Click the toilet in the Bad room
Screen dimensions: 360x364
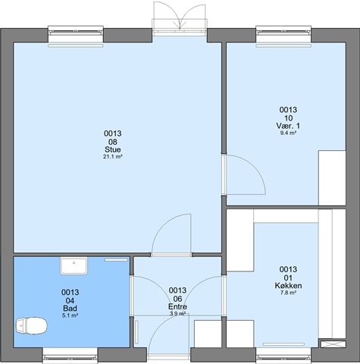click(x=31, y=325)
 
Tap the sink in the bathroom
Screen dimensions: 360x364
click(x=74, y=266)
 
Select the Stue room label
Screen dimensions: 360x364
click(x=113, y=149)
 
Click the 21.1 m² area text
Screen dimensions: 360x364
click(x=113, y=157)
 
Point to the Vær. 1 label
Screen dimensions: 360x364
click(x=288, y=126)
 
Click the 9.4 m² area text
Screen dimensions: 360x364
click(x=288, y=133)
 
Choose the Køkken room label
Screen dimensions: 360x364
click(x=288, y=286)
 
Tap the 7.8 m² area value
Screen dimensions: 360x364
click(x=288, y=293)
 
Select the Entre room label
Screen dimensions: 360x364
click(x=177, y=306)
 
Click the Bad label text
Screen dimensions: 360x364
click(x=70, y=309)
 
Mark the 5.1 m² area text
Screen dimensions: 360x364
click(x=70, y=315)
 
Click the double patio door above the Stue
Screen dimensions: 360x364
click(x=180, y=17)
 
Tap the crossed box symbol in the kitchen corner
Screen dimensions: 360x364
click(x=333, y=344)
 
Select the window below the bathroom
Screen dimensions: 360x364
click(x=70, y=356)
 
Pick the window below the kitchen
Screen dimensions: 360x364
click(x=283, y=356)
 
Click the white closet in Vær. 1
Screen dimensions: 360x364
click(x=332, y=178)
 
